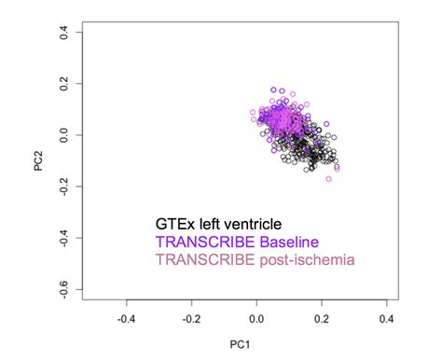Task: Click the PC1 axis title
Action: coord(242,345)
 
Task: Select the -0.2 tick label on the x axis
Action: coord(190,318)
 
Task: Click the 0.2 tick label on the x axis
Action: coord(320,318)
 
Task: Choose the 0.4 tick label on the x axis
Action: coord(384,318)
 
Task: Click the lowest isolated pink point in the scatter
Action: coord(329,178)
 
